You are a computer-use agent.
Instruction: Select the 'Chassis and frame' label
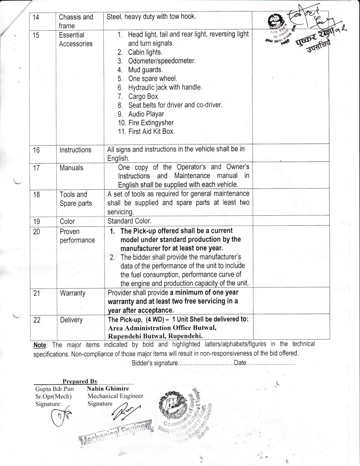coord(76,21)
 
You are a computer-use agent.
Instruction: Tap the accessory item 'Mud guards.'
coord(145,70)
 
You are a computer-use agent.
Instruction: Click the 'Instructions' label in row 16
coord(75,150)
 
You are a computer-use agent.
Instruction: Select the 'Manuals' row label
coord(71,168)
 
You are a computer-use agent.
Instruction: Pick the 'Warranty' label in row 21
coord(72,293)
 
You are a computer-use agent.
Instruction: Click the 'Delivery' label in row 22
coord(71,320)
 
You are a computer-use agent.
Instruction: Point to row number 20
coord(37,231)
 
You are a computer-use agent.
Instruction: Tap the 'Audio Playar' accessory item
coord(146,114)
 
